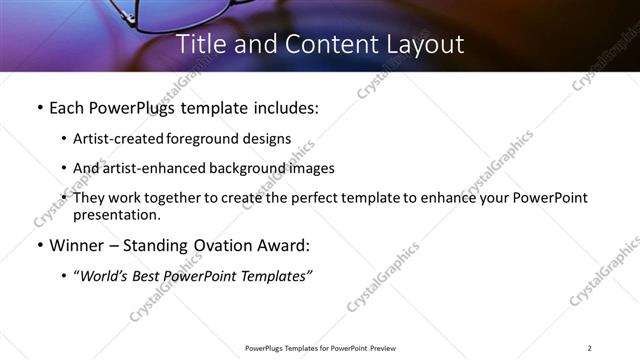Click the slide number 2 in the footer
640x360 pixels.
click(x=590, y=348)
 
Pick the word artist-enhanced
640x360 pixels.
click(x=155, y=168)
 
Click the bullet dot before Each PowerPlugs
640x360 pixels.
click(x=39, y=107)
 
